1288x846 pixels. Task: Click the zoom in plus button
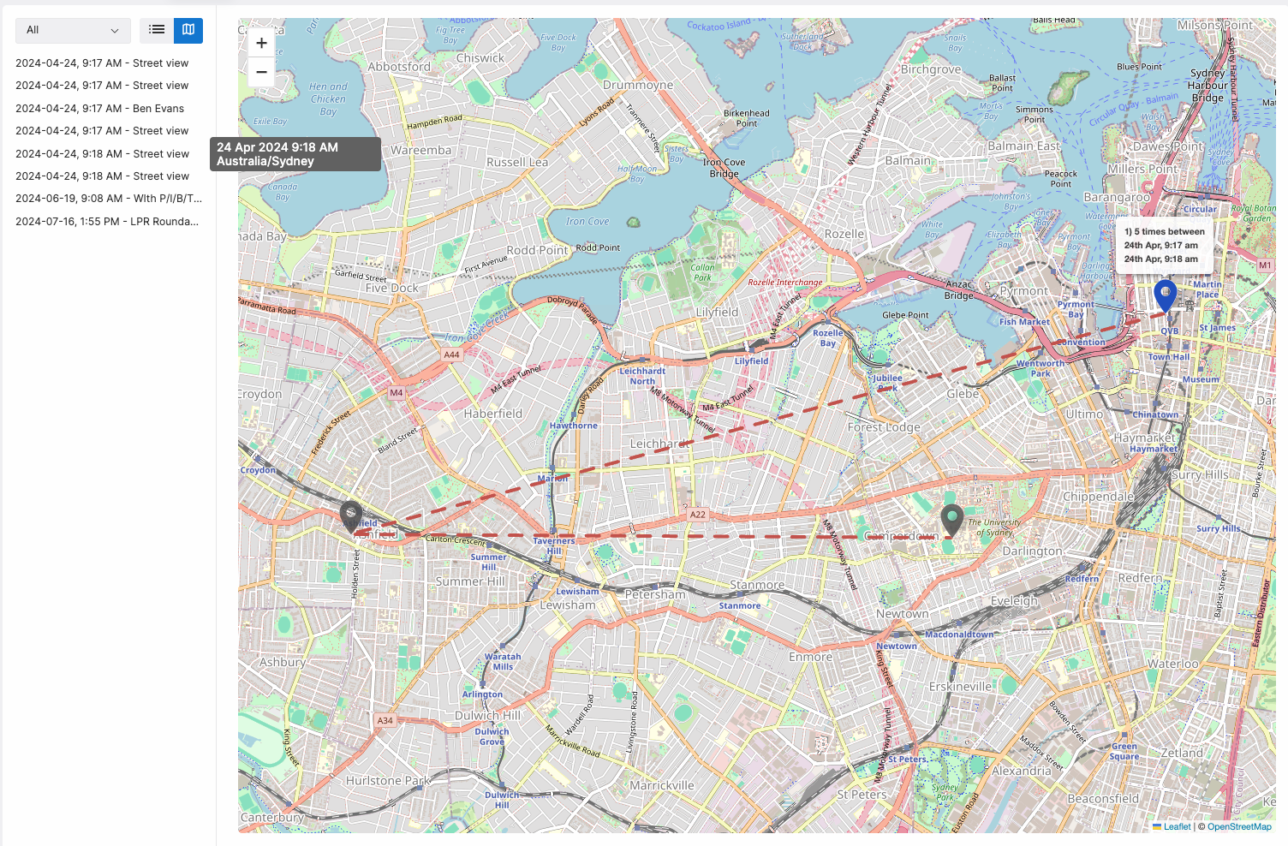261,43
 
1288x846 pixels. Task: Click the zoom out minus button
261,72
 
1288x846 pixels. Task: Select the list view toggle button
157,30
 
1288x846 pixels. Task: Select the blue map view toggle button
188,30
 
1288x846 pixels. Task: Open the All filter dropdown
73,30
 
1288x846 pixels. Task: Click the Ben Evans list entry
99,109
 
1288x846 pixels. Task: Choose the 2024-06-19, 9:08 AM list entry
108,199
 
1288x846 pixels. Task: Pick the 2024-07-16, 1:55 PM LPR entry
106,222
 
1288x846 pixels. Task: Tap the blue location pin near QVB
1165,294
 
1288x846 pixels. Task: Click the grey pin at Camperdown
951,519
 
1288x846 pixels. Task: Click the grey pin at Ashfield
351,515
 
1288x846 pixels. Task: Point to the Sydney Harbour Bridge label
1207,85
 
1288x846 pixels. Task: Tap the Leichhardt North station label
642,376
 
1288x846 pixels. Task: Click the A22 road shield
698,515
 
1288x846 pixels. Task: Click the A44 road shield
451,354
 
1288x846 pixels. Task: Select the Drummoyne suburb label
638,85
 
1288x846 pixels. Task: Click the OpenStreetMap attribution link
1239,826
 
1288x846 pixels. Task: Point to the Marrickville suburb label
661,785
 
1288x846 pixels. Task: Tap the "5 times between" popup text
1164,232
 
